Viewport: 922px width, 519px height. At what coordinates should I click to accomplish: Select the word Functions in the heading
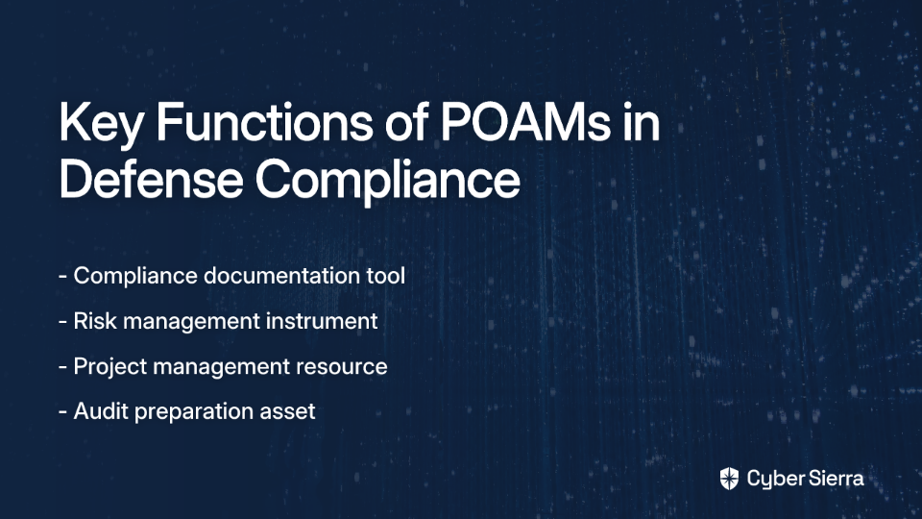point(264,122)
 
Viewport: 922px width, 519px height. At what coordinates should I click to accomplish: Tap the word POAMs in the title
point(525,122)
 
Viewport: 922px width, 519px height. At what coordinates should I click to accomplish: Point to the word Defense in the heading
point(151,179)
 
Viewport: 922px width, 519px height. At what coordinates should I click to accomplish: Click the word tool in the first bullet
point(386,276)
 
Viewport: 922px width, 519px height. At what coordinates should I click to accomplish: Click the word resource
point(341,366)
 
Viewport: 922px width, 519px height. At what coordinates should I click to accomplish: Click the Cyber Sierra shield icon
point(729,479)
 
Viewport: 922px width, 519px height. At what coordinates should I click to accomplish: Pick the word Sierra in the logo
point(835,478)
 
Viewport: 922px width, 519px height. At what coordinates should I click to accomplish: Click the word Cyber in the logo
point(775,479)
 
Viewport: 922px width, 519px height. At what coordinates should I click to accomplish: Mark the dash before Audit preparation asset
point(63,412)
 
